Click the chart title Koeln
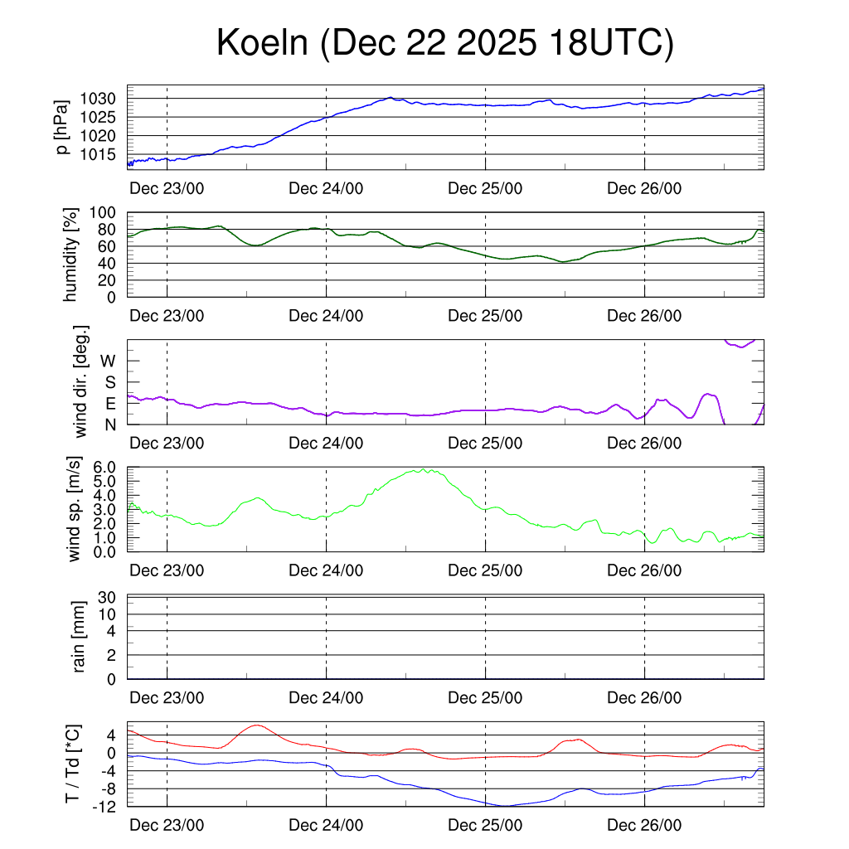click(x=444, y=43)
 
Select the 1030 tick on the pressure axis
click(x=104, y=99)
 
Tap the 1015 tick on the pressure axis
click(x=104, y=154)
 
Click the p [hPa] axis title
click(x=63, y=127)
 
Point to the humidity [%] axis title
click(x=71, y=255)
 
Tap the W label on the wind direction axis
click(x=109, y=361)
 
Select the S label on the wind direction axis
click(x=109, y=382)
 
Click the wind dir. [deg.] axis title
click(x=80, y=381)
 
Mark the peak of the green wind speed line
click(x=424, y=469)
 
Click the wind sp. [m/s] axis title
click(x=75, y=508)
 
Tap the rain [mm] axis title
click(x=80, y=637)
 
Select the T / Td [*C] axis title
click(x=73, y=764)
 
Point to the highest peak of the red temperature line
click(x=256, y=725)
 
